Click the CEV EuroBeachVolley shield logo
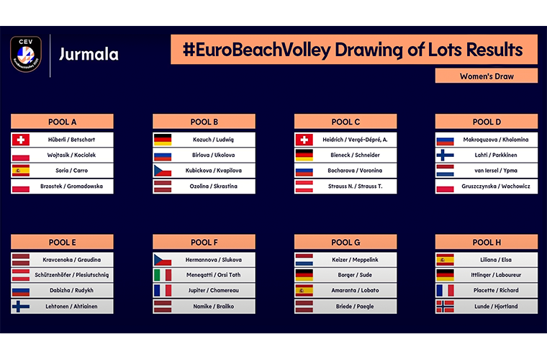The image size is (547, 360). pyautogui.click(x=26, y=54)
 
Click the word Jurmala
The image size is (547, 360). pyautogui.click(x=89, y=55)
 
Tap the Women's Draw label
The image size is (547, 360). pyautogui.click(x=487, y=76)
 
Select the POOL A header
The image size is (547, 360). pyautogui.click(x=62, y=122)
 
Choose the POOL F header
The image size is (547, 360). pyautogui.click(x=204, y=242)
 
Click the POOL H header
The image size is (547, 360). pyautogui.click(x=487, y=242)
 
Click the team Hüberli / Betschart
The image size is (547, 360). pyautogui.click(x=71, y=140)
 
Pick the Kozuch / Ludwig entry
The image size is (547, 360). pyautogui.click(x=213, y=140)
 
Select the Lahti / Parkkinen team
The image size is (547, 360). pyautogui.click(x=496, y=155)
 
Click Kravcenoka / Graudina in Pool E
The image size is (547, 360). pyautogui.click(x=71, y=259)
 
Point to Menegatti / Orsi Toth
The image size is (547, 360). pyautogui.click(x=213, y=275)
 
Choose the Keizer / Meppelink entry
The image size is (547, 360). pyautogui.click(x=355, y=259)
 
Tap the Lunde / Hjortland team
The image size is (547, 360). pyautogui.click(x=496, y=306)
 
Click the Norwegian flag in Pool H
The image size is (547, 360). pyautogui.click(x=445, y=306)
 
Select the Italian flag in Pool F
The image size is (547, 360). pyautogui.click(x=163, y=275)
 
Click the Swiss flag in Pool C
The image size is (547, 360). pyautogui.click(x=304, y=140)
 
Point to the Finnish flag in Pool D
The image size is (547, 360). pyautogui.click(x=445, y=155)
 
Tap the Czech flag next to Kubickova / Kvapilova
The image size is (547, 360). pyautogui.click(x=163, y=171)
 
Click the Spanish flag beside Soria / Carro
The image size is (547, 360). pyautogui.click(x=21, y=171)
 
